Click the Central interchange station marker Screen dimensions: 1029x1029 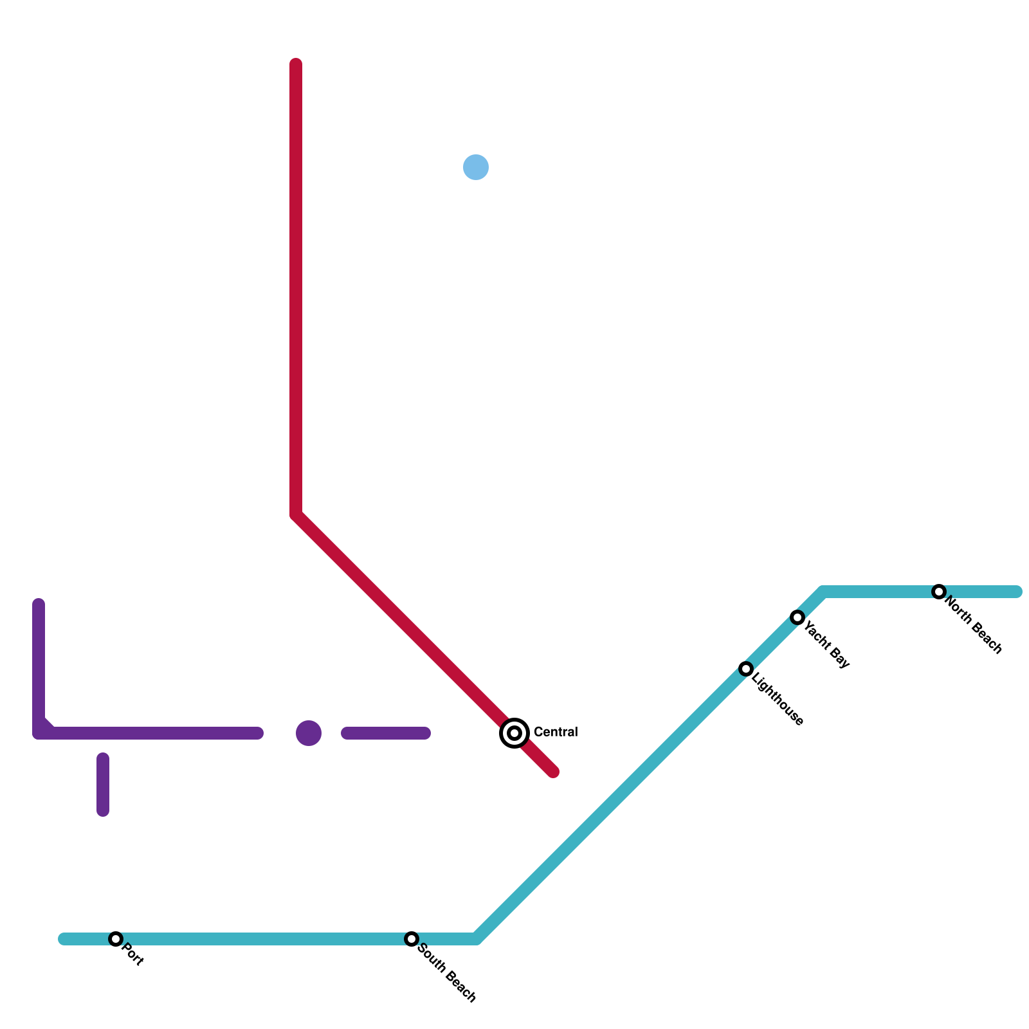pyautogui.click(x=514, y=733)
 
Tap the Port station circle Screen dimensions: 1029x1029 pyautogui.click(x=116, y=939)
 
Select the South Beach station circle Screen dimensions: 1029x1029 pyautogui.click(x=412, y=939)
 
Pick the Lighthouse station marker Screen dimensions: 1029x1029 pyautogui.click(x=746, y=669)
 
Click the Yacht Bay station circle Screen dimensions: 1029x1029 pyautogui.click(x=797, y=617)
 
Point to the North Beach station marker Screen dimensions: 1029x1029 pyautogui.click(x=939, y=592)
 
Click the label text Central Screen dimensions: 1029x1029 pyautogui.click(x=556, y=732)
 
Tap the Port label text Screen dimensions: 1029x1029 pyautogui.click(x=132, y=954)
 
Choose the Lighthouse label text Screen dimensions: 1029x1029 pyautogui.click(x=778, y=699)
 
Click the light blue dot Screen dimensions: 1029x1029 pyautogui.click(x=476, y=167)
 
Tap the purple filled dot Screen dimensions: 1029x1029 pyautogui.click(x=309, y=733)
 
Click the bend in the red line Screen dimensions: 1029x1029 pyautogui.click(x=296, y=515)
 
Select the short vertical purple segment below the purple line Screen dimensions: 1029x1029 pyautogui.click(x=103, y=785)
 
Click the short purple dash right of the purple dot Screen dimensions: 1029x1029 pyautogui.click(x=386, y=733)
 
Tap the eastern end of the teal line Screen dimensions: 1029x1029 pyautogui.click(x=1017, y=592)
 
